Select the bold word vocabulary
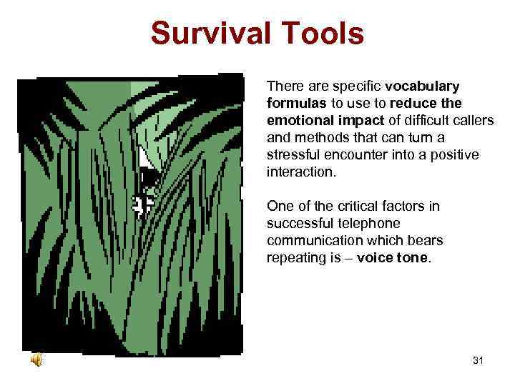(x=422, y=86)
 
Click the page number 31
(x=478, y=360)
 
